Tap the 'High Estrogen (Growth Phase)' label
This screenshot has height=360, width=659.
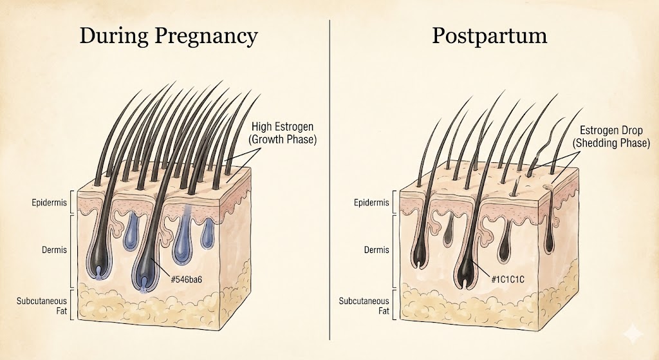click(284, 133)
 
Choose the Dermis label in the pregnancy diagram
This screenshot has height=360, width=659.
click(54, 249)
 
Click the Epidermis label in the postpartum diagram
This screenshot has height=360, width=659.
click(372, 203)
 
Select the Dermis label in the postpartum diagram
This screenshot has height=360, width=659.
click(375, 249)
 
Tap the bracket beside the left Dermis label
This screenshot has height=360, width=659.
click(72, 250)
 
